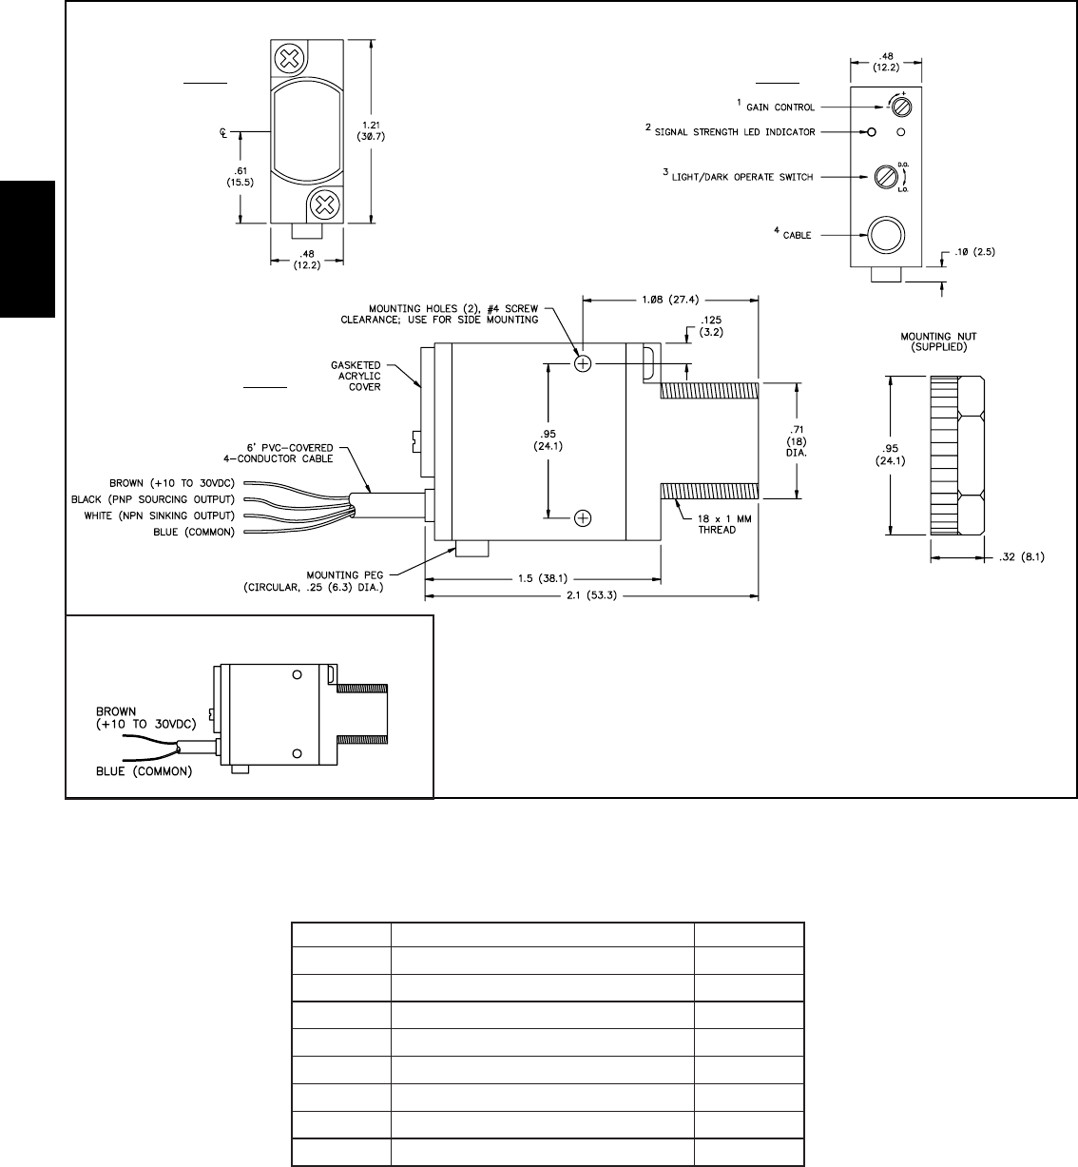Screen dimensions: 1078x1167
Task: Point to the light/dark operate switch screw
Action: tap(885, 176)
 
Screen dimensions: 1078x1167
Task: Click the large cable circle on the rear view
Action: tap(884, 233)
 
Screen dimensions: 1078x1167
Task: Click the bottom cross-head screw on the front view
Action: tap(324, 203)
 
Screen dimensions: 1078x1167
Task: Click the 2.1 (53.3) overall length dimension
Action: tap(590, 596)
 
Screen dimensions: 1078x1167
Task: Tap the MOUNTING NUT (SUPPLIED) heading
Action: tap(939, 341)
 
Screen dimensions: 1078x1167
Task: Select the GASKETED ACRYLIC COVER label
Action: tap(356, 376)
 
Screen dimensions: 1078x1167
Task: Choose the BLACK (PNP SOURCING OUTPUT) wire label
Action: tap(152, 499)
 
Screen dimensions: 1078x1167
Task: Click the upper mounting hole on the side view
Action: tap(584, 363)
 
